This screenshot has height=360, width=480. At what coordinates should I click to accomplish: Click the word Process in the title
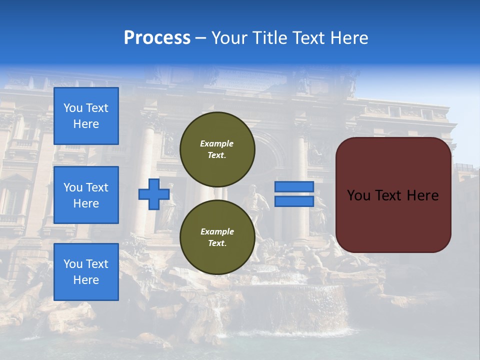click(x=157, y=37)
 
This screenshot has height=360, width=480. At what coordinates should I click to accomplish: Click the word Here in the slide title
click(x=348, y=37)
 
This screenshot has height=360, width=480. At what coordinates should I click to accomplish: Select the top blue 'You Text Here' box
click(x=86, y=116)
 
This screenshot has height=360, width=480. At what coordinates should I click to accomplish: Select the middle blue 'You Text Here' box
click(x=86, y=195)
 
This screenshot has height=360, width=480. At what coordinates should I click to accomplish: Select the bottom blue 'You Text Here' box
click(x=86, y=272)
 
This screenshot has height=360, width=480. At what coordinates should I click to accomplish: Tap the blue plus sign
click(x=153, y=194)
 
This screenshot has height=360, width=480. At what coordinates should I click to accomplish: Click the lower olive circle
click(x=217, y=237)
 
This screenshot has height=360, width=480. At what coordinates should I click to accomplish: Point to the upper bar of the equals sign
click(x=294, y=187)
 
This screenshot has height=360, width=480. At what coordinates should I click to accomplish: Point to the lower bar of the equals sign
click(x=294, y=201)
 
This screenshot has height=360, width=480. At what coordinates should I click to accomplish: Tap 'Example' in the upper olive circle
click(x=216, y=143)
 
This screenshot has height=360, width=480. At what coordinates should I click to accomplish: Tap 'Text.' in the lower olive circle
click(x=216, y=243)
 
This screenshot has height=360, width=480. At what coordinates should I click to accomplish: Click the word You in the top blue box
click(x=73, y=108)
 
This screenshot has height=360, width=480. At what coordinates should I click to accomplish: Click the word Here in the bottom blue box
click(x=86, y=280)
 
